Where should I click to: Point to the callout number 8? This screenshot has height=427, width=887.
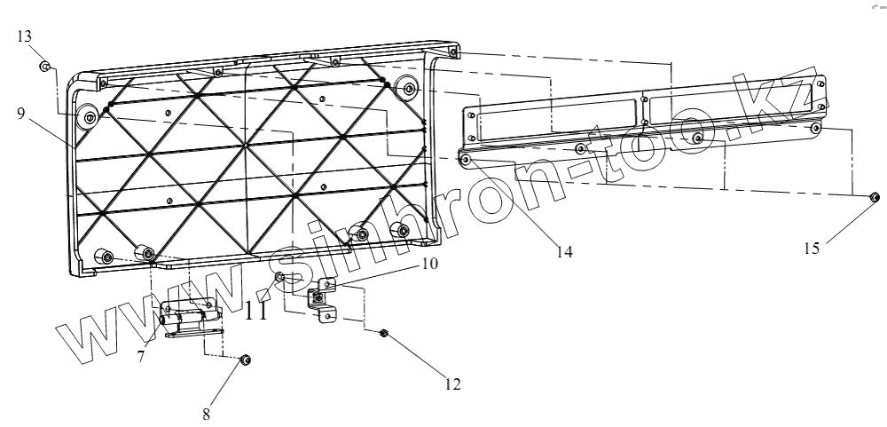pyautogui.click(x=207, y=414)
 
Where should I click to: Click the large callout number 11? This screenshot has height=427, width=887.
pyautogui.click(x=256, y=311)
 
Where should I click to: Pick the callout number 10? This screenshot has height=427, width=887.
pyautogui.click(x=429, y=264)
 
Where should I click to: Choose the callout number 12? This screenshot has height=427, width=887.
pyautogui.click(x=453, y=385)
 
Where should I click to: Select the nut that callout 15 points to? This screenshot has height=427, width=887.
pyautogui.click(x=874, y=197)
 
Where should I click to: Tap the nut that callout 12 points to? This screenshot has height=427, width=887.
pyautogui.click(x=383, y=334)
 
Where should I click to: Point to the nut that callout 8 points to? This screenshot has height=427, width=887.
pyautogui.click(x=246, y=360)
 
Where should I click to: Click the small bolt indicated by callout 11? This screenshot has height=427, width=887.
pyautogui.click(x=280, y=279)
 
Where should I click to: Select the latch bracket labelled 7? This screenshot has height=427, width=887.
pyautogui.click(x=189, y=315)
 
